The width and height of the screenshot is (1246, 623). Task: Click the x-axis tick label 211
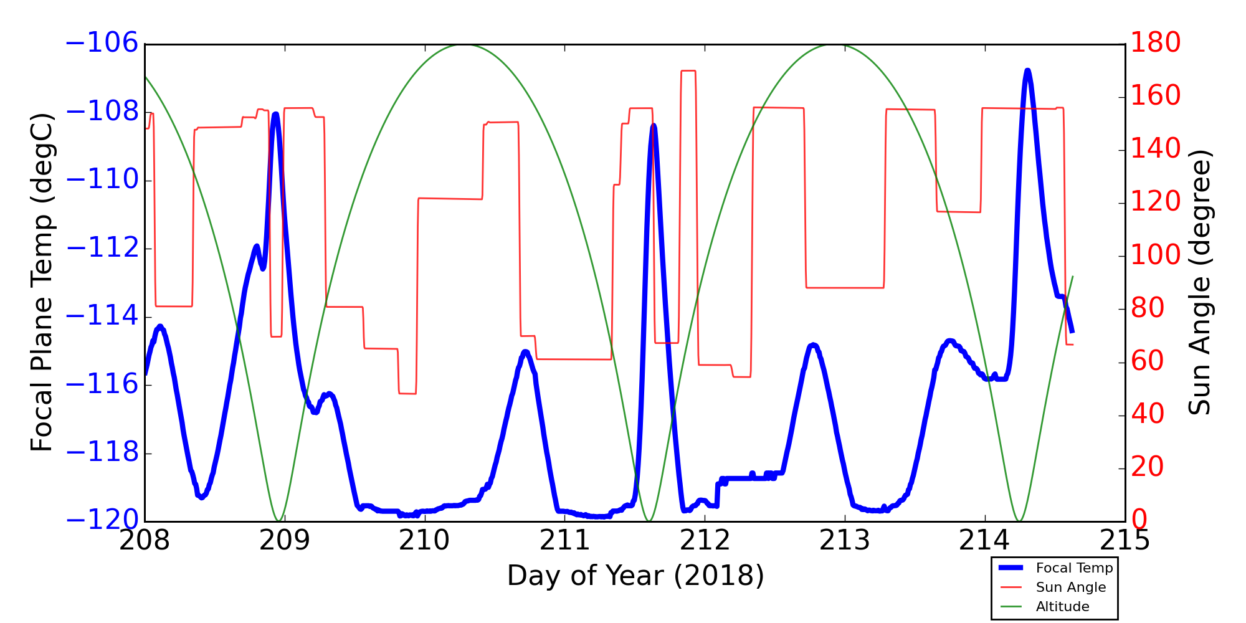pos(564,541)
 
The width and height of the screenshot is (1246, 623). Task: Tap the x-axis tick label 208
pos(145,541)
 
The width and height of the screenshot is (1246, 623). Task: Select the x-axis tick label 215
pos(1125,541)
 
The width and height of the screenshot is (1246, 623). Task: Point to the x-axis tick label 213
pos(844,541)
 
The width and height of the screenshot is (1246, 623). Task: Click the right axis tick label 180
pos(1156,44)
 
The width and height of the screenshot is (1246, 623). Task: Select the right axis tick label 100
pos(1156,255)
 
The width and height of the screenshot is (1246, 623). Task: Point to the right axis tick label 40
pos(1148,414)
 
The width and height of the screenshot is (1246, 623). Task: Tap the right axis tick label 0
pos(1139,520)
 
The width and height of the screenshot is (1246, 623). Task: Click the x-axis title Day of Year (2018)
pos(635,576)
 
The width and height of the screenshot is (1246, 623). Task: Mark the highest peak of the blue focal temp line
pos(1027,70)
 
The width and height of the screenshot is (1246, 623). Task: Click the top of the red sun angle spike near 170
pos(688,71)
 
